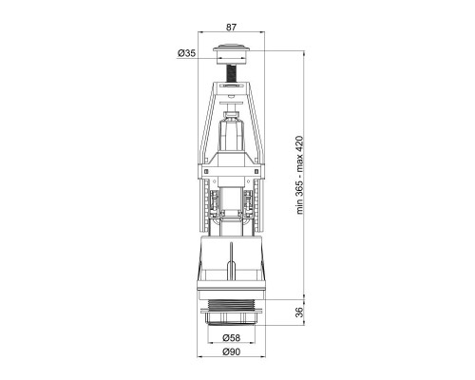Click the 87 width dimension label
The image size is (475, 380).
pos(231,28)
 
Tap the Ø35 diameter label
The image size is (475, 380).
pos(186,53)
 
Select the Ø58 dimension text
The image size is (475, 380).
pos(231,338)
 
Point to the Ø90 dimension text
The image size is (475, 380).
pos(231,351)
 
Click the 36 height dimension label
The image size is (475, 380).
pos(299,312)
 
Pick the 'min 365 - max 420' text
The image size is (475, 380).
pos(299,175)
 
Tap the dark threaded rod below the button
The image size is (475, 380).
pos(232,72)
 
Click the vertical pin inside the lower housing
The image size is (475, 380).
pos(231,260)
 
